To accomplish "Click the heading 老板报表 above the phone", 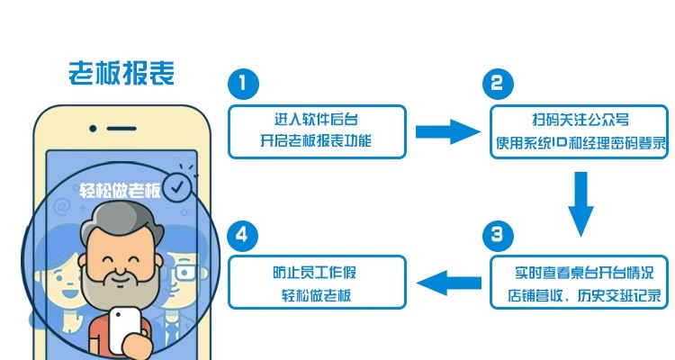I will [121, 73].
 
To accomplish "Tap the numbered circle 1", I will [242, 85].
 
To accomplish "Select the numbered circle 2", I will [499, 85].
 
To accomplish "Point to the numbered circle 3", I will [499, 237].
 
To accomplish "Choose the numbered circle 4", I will [242, 237].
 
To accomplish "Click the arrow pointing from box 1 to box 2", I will [448, 132].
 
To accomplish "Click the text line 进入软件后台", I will [316, 120].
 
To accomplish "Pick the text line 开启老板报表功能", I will [316, 142].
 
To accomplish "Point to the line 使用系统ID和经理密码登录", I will [580, 142].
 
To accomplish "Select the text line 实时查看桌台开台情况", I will [580, 271].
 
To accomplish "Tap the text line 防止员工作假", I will [316, 271].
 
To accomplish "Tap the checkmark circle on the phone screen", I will [179, 186].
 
